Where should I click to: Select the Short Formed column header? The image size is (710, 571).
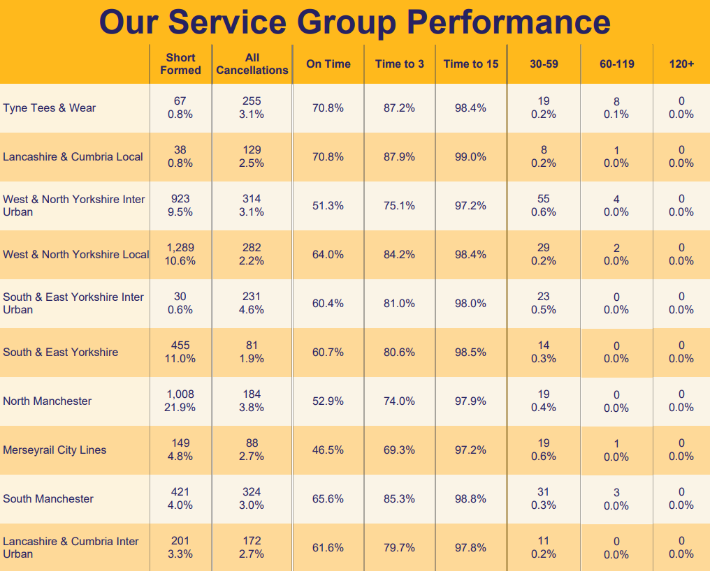180,64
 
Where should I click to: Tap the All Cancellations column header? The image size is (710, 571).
252,64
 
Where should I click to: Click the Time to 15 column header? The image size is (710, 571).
471,64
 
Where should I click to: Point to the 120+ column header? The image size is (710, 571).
681,64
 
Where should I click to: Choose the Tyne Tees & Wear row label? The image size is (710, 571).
50,108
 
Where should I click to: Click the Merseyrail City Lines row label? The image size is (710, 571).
55,450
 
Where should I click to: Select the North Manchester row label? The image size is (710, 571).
48,401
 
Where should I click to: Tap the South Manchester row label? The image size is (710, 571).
48,499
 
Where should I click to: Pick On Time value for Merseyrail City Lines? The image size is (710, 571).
328,450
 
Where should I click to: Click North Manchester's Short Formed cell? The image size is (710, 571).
180,401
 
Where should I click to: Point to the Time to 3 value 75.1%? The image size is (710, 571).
399,206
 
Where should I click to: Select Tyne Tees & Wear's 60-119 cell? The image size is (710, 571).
616,108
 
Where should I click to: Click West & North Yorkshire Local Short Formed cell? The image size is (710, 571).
180,255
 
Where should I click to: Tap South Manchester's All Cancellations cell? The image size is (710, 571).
252,499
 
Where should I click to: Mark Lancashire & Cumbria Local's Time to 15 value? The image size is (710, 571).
470,157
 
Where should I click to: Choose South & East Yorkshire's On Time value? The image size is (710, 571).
328,353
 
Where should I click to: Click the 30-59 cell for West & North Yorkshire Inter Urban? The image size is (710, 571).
544,206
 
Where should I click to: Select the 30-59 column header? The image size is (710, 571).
544,64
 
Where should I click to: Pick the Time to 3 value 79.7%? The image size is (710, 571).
399,548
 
